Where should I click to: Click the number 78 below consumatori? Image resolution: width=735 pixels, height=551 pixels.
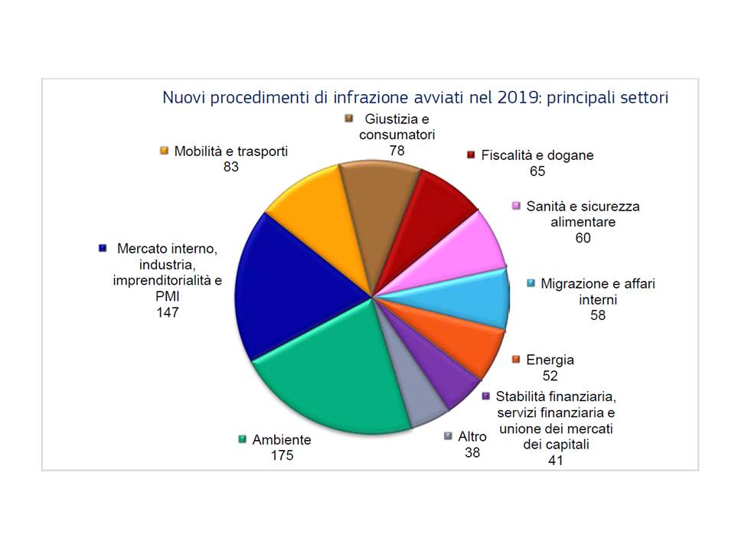point(397,150)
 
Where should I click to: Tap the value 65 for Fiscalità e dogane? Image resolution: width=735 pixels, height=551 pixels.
point(537,171)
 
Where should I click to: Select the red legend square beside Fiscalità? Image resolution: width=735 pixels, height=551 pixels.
point(472,155)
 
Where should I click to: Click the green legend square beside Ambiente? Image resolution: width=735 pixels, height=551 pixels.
point(242,440)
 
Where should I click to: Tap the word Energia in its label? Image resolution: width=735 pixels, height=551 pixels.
point(550,360)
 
